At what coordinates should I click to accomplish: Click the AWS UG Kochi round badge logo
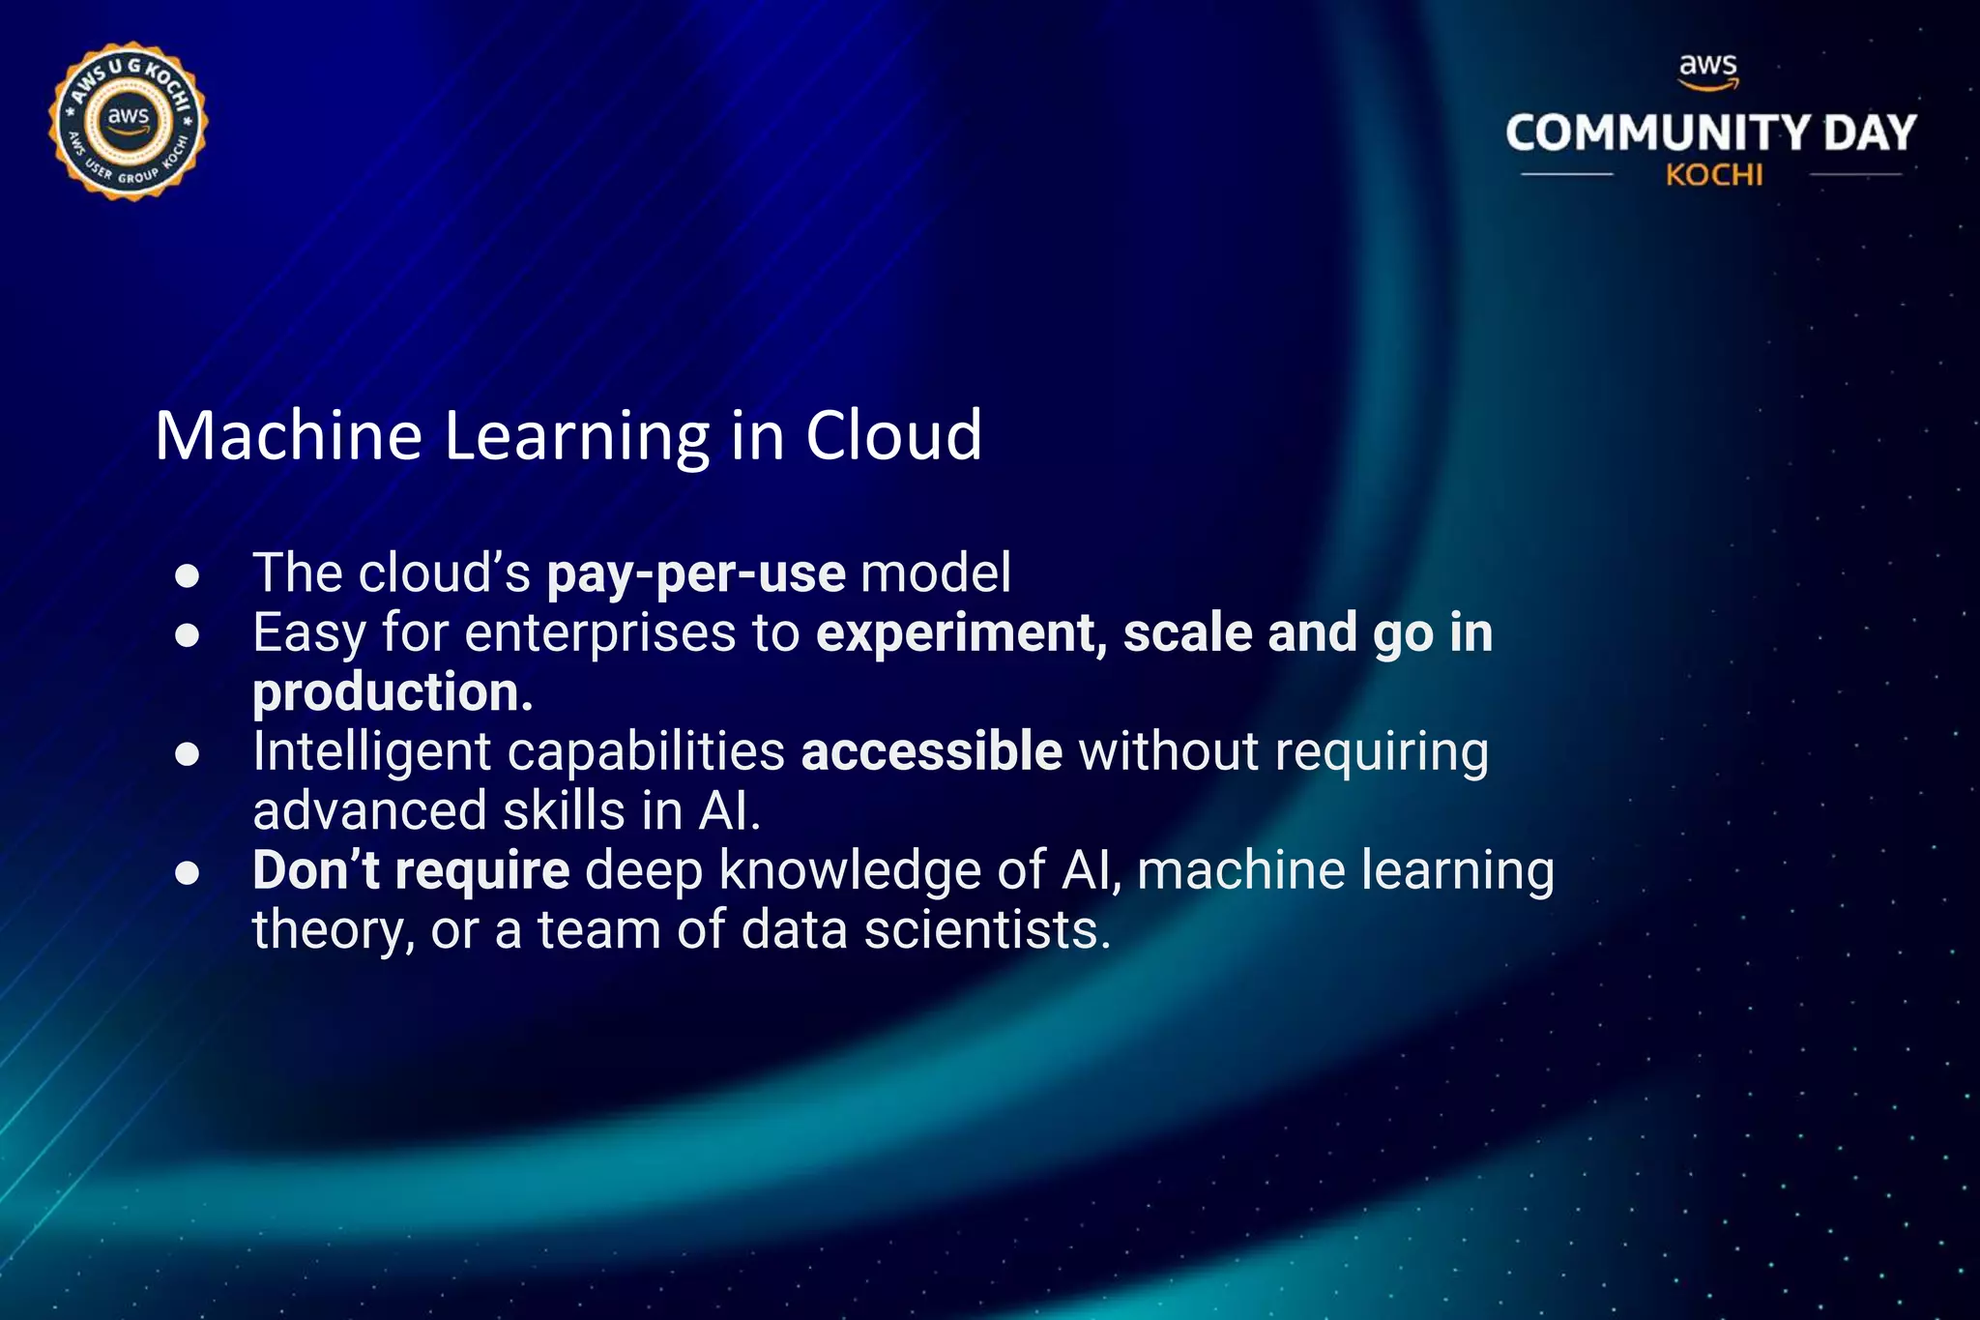[128, 122]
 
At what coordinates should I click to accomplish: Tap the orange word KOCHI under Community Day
[1713, 175]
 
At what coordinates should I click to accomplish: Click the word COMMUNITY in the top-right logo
[1657, 132]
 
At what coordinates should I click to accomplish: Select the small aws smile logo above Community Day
[1708, 71]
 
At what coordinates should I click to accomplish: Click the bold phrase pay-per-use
[696, 573]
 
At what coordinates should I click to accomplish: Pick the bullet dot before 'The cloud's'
[188, 576]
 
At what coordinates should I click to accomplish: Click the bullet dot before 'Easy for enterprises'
[188, 635]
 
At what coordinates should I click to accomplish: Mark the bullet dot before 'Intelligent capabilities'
[188, 754]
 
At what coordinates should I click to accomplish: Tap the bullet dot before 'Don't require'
[188, 873]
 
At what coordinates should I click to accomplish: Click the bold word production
[393, 693]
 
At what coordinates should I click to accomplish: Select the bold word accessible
[932, 751]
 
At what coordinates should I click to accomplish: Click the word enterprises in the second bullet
[600, 633]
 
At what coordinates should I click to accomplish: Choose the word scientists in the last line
[986, 930]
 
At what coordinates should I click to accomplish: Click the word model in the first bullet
[935, 572]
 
